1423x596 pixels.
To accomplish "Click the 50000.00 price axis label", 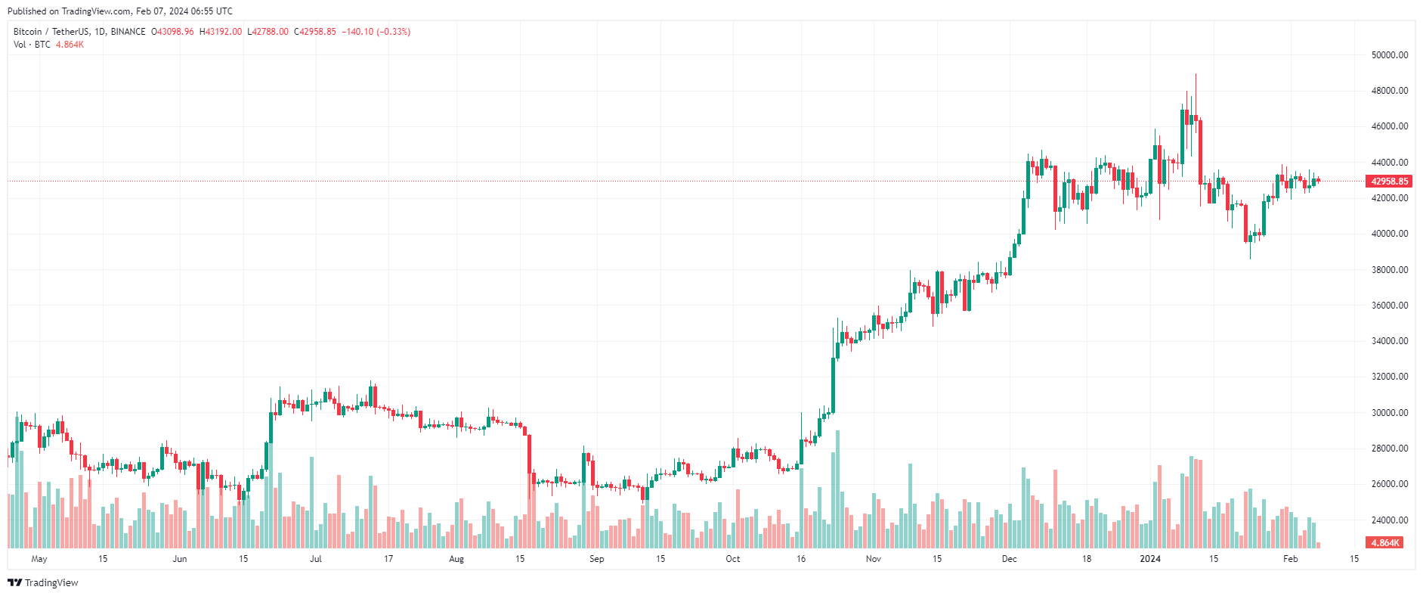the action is (x=1390, y=55).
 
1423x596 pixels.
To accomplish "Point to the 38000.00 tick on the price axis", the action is (x=1390, y=270).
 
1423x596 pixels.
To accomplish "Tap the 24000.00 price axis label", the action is (x=1390, y=520).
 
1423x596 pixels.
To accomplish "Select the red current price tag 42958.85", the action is (x=1390, y=182).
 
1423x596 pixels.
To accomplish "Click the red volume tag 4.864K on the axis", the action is (x=1384, y=543).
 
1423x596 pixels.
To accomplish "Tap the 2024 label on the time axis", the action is (x=1150, y=559).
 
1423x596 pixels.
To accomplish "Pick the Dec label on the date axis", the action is (x=1010, y=559).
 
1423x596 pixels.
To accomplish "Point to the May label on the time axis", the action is (x=39, y=559).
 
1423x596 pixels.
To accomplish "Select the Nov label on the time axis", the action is (x=874, y=559).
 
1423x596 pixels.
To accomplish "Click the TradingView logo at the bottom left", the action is (x=43, y=582).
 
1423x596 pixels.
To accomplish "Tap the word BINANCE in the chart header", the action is (x=128, y=32).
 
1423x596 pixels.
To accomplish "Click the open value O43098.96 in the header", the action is (x=172, y=32).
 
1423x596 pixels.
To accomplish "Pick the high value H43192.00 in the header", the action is (x=221, y=32).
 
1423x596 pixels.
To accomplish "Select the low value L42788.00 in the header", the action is (x=268, y=32).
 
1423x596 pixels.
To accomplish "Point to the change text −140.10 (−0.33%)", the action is (x=376, y=32).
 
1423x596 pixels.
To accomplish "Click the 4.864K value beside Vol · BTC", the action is (x=70, y=45).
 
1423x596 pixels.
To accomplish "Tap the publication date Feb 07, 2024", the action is (x=162, y=11).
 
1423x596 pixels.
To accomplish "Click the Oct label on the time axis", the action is (x=733, y=559).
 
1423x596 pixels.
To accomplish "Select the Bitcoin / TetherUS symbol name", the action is (x=51, y=32).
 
